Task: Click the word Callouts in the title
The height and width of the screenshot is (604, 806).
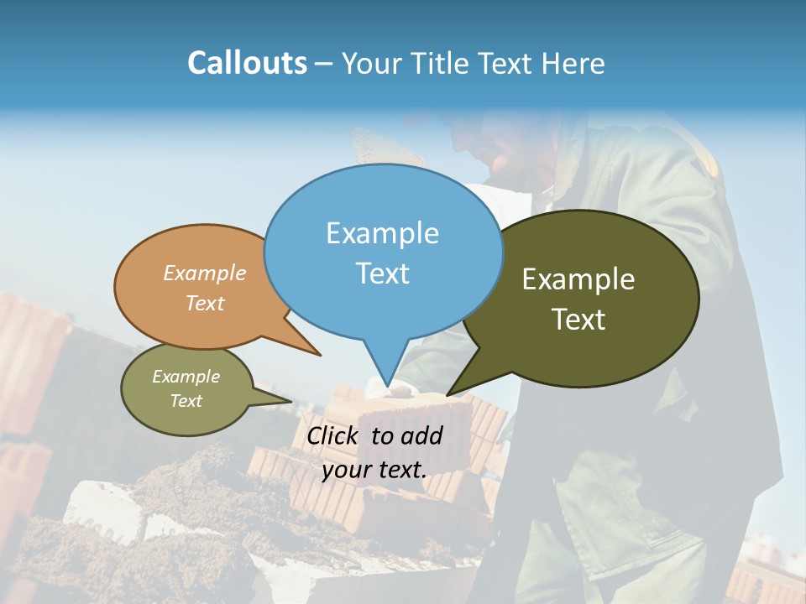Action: (x=247, y=63)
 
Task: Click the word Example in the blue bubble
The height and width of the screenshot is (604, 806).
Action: (x=382, y=233)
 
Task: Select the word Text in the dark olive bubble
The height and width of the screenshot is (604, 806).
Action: (x=578, y=319)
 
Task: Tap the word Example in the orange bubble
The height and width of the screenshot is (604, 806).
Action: (x=204, y=273)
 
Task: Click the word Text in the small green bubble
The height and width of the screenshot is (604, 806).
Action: (x=186, y=401)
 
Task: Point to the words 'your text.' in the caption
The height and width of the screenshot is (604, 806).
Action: (x=374, y=469)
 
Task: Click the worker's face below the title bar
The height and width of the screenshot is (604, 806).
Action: (x=495, y=147)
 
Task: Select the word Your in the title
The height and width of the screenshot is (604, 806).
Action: (x=373, y=64)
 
